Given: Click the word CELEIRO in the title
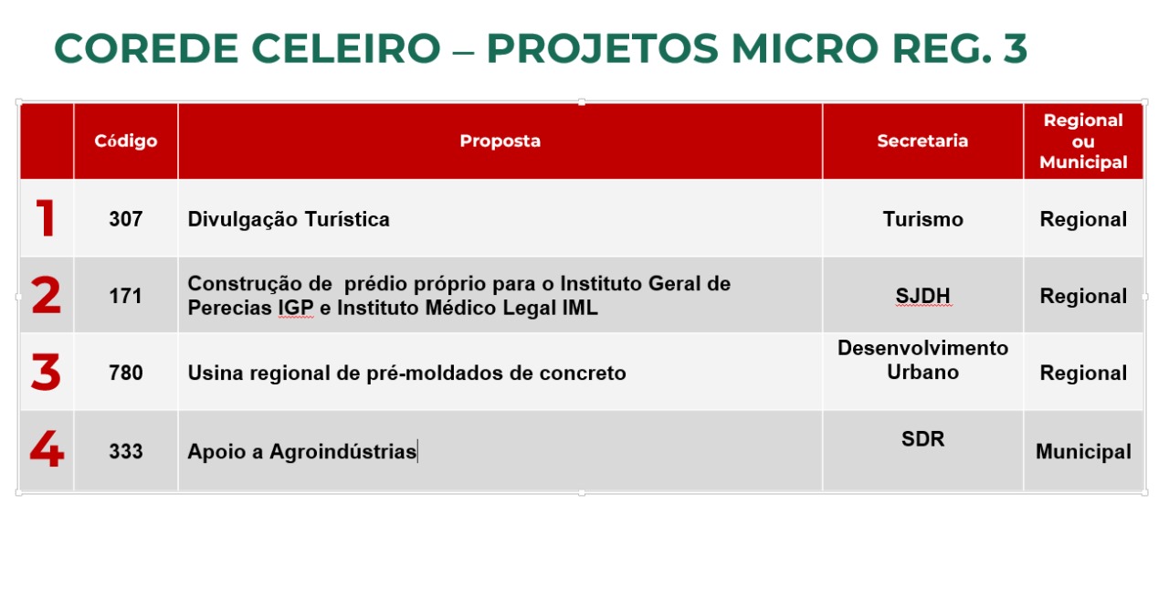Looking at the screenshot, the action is click(346, 48).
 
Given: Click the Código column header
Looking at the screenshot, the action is click(126, 141).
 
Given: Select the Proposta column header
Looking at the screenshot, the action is click(500, 141).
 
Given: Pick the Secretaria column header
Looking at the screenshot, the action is click(922, 141).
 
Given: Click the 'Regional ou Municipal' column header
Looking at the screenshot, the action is click(1083, 141).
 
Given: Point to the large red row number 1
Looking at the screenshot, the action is click(46, 218).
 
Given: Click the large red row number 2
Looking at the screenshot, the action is click(46, 295).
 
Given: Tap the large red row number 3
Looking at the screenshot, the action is click(46, 372).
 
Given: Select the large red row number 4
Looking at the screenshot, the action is click(47, 448).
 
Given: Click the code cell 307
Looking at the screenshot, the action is click(126, 219).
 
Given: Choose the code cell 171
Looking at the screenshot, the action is click(126, 297).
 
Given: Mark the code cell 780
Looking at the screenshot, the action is click(126, 373).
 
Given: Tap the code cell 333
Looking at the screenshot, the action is click(126, 451).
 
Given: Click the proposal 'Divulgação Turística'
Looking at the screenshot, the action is click(289, 220).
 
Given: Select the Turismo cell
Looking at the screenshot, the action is click(922, 219).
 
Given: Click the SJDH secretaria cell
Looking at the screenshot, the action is click(922, 296).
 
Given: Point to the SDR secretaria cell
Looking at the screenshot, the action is click(922, 439).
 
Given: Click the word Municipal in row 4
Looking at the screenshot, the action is click(1083, 452).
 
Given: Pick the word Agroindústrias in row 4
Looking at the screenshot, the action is click(342, 451).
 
